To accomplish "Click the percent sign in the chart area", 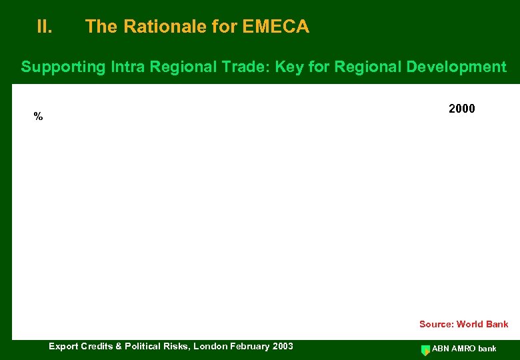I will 38,117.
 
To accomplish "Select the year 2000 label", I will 462,109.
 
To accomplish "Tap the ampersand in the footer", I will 117,346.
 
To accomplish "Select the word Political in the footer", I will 141,346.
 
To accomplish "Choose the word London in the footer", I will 209,346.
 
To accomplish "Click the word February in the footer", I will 249,346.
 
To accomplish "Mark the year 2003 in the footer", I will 282,346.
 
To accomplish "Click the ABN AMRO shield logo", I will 425,349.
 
